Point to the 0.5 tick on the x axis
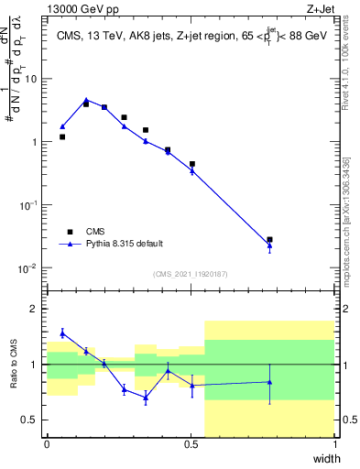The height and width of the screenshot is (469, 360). (191, 444)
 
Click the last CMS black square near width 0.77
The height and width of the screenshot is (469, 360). (269, 240)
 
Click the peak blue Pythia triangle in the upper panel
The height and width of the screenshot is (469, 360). (86, 101)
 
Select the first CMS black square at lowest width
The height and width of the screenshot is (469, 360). (62, 136)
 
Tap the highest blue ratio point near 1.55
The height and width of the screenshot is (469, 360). (62, 333)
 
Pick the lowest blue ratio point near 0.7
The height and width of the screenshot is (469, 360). (146, 398)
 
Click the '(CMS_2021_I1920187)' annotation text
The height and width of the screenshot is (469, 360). (191, 274)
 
